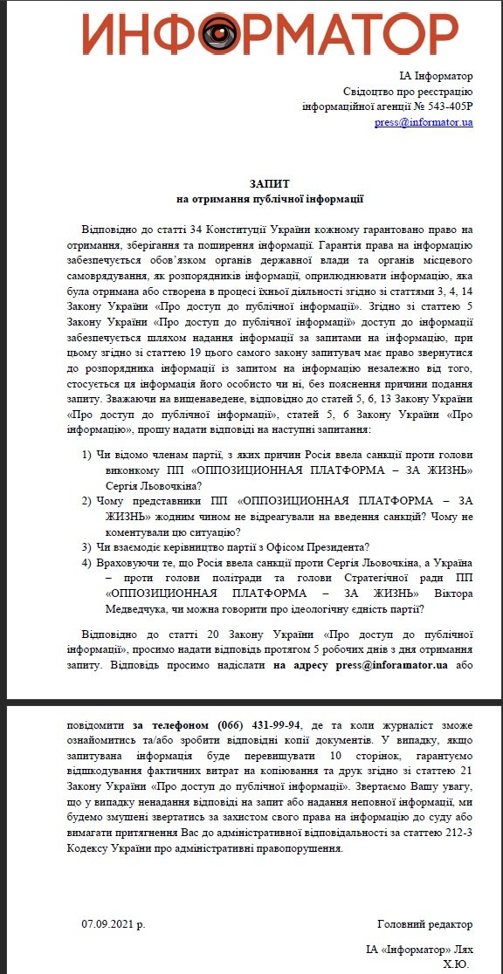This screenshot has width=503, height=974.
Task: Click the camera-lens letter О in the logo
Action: (215, 34)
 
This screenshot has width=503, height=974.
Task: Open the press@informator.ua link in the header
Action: (424, 122)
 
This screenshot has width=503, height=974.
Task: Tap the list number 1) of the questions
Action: (87, 456)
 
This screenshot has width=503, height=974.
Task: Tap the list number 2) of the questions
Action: (87, 501)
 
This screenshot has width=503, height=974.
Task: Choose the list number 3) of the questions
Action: (87, 547)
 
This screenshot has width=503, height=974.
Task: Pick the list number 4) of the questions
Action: (87, 563)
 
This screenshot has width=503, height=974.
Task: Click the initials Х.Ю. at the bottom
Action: (456, 964)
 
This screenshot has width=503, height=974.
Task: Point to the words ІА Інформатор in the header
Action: (442, 75)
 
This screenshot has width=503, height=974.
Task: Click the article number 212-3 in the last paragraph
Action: (459, 830)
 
